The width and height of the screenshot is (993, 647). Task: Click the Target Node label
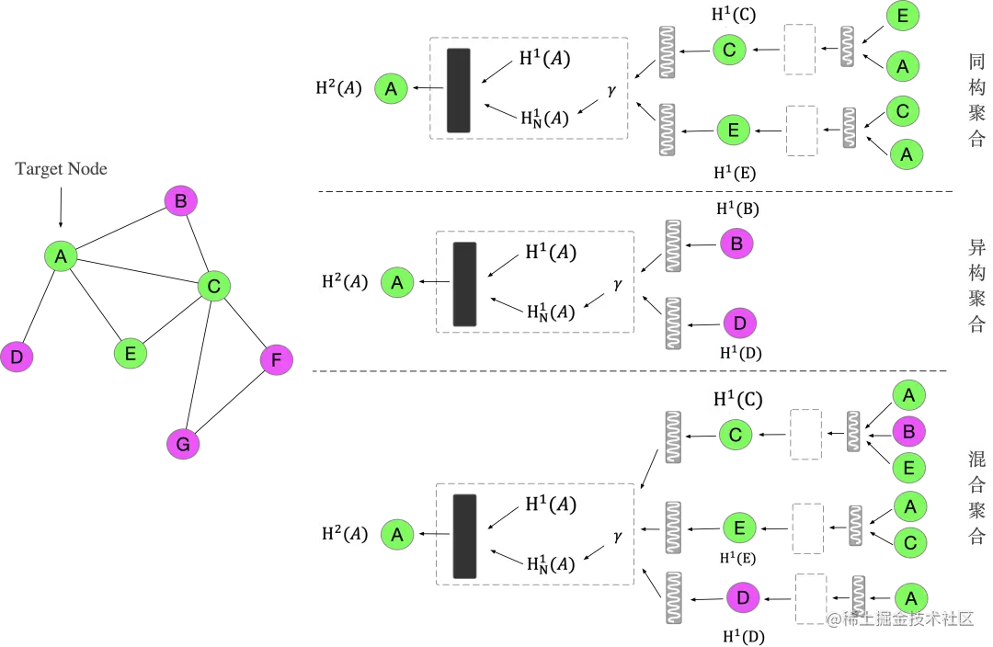(62, 169)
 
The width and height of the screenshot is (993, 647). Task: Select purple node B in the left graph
(180, 201)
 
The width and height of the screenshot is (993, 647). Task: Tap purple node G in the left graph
(182, 445)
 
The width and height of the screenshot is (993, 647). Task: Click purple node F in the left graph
(276, 360)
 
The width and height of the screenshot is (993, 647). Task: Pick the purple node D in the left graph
(16, 357)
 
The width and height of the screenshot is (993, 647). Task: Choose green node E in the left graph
(130, 353)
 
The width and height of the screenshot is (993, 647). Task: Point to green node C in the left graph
(213, 287)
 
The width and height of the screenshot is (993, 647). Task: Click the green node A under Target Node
(61, 255)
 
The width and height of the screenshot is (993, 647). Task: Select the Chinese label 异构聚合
(976, 286)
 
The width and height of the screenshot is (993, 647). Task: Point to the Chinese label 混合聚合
(976, 497)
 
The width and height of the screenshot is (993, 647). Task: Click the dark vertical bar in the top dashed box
(458, 89)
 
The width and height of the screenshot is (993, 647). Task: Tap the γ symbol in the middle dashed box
(618, 284)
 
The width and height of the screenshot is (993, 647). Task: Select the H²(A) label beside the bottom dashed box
(344, 534)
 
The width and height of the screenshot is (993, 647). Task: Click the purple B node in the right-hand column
(908, 432)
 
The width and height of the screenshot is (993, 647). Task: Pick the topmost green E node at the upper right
(902, 17)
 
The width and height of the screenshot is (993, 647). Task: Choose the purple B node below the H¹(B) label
(736, 244)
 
